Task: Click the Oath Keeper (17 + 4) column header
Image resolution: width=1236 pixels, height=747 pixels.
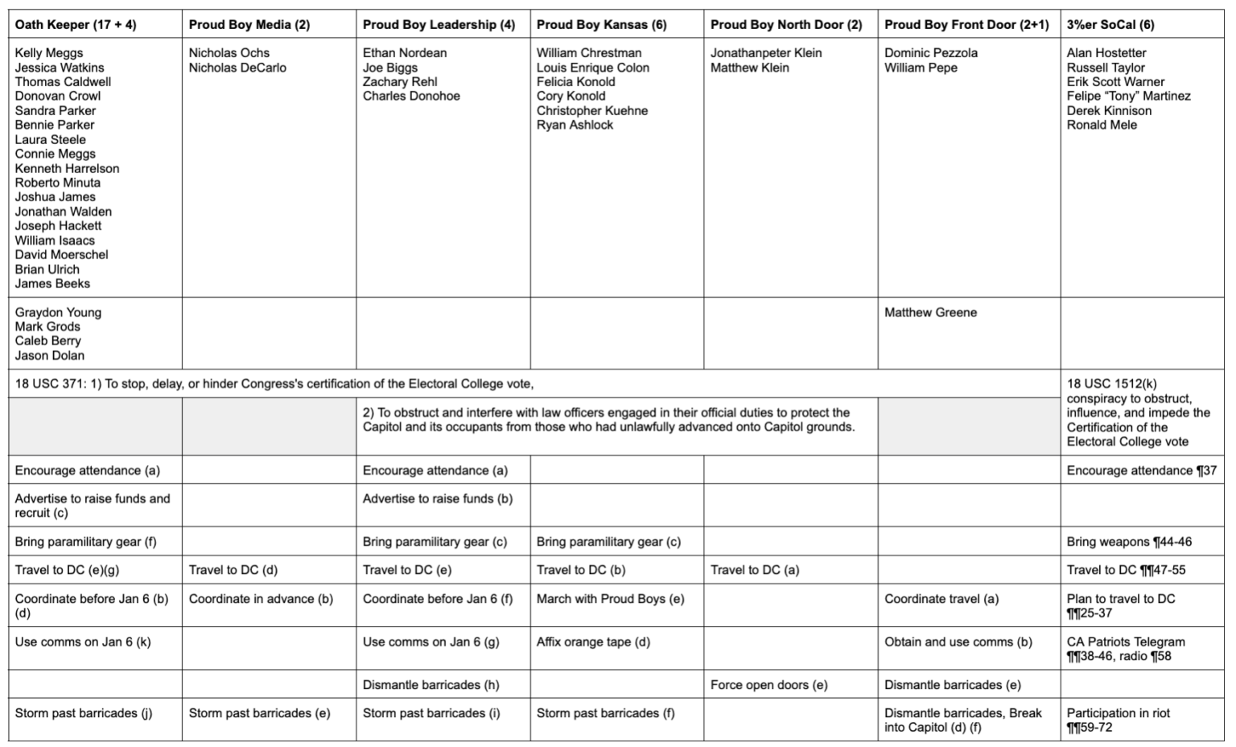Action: (x=76, y=25)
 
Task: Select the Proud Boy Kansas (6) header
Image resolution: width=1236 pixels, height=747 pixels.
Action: (x=601, y=25)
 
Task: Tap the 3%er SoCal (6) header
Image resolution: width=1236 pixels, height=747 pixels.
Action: (x=1110, y=25)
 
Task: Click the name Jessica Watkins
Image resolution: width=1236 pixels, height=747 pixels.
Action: (x=60, y=68)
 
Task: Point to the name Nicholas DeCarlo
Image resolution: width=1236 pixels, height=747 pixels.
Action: (x=237, y=68)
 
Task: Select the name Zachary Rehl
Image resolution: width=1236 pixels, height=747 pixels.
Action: (x=400, y=82)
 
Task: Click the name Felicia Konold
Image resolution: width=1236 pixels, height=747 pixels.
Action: (x=575, y=82)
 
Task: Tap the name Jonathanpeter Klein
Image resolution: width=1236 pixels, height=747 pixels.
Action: (x=766, y=53)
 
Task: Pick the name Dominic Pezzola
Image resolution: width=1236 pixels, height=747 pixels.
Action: (x=931, y=53)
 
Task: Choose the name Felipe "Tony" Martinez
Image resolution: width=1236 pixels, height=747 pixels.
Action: (x=1128, y=97)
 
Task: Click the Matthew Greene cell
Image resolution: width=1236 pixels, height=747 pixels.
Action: (x=930, y=312)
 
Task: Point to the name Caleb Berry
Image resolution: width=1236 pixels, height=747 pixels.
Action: (x=47, y=341)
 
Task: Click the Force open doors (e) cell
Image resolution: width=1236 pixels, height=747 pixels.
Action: (x=768, y=685)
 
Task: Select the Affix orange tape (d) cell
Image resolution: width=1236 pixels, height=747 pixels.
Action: (x=593, y=642)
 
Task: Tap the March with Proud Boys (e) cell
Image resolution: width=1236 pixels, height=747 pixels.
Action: (x=610, y=599)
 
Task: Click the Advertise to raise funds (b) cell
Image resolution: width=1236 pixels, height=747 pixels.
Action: (x=437, y=499)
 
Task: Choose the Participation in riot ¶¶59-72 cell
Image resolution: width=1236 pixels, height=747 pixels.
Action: (x=1118, y=720)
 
